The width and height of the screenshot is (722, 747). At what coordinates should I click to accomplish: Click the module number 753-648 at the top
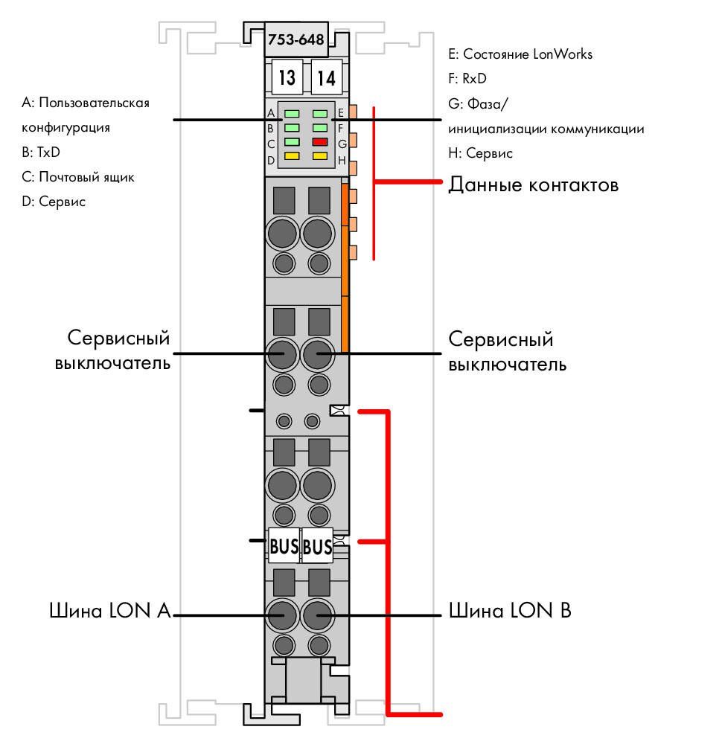295,39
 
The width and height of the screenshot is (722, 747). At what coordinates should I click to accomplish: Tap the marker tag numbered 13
287,77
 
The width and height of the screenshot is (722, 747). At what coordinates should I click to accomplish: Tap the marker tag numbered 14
327,77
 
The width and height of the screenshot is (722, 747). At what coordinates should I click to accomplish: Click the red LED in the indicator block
320,142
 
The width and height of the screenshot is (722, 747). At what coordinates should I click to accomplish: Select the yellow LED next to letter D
292,156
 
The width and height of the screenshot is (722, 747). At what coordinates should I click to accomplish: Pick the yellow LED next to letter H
320,156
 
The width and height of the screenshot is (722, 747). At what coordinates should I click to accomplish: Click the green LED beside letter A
292,114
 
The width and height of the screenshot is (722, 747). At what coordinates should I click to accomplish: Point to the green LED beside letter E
320,114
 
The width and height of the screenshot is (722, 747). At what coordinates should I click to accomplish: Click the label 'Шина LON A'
110,610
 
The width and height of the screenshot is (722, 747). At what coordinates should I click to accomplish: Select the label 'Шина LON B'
510,610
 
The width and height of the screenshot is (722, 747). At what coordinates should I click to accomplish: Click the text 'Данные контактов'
533,185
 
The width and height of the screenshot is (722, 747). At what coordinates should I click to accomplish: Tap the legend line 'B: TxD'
41,153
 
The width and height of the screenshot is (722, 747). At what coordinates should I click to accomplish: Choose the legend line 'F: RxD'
467,79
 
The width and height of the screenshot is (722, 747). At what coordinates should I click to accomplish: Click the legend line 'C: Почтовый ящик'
77,177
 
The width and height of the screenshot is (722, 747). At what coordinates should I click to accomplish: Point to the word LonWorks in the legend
563,54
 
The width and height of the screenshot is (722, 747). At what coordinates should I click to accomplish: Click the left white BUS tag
284,546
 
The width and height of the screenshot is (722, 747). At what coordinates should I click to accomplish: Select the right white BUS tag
317,546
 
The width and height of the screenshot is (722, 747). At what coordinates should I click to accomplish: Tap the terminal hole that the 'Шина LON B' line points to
317,615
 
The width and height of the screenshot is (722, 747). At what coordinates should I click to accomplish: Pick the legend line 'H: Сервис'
480,153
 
